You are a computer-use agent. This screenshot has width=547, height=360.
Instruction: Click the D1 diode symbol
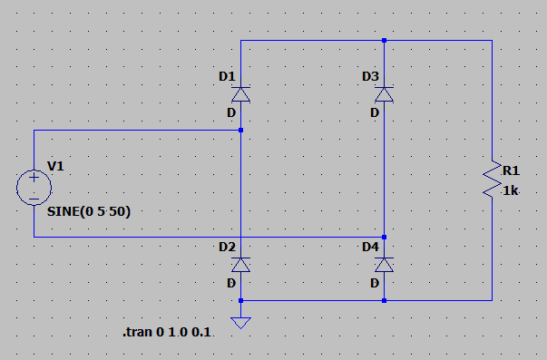(x=240, y=94)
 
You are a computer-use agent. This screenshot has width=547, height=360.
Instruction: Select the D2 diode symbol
(x=240, y=265)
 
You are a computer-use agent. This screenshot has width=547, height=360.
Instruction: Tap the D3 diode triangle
(x=384, y=94)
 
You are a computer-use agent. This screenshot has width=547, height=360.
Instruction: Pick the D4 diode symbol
(x=384, y=265)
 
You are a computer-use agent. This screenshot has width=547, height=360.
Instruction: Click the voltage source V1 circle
(x=34, y=188)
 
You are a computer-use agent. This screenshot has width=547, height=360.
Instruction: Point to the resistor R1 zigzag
(x=493, y=179)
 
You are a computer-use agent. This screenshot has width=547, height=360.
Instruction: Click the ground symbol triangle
(x=240, y=323)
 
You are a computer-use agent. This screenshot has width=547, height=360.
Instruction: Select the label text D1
(x=227, y=76)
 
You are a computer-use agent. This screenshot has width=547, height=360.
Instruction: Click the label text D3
(x=370, y=76)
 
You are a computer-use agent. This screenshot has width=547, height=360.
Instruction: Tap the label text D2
(x=227, y=247)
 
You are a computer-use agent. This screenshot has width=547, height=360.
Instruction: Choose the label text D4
(x=370, y=247)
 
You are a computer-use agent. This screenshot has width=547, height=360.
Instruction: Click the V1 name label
(x=55, y=166)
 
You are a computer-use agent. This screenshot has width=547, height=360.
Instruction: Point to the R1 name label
(x=511, y=170)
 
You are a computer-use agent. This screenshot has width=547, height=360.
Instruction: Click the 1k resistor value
(x=511, y=190)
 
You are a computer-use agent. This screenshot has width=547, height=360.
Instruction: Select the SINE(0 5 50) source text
(x=89, y=211)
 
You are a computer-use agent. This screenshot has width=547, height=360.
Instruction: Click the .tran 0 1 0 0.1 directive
(x=167, y=332)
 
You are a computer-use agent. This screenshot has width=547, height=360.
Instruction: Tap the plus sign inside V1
(x=34, y=178)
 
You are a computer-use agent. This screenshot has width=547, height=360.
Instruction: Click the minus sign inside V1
(x=34, y=199)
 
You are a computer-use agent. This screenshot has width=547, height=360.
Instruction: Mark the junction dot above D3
(x=384, y=41)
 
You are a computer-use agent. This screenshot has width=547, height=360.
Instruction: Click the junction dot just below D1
(x=240, y=130)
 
